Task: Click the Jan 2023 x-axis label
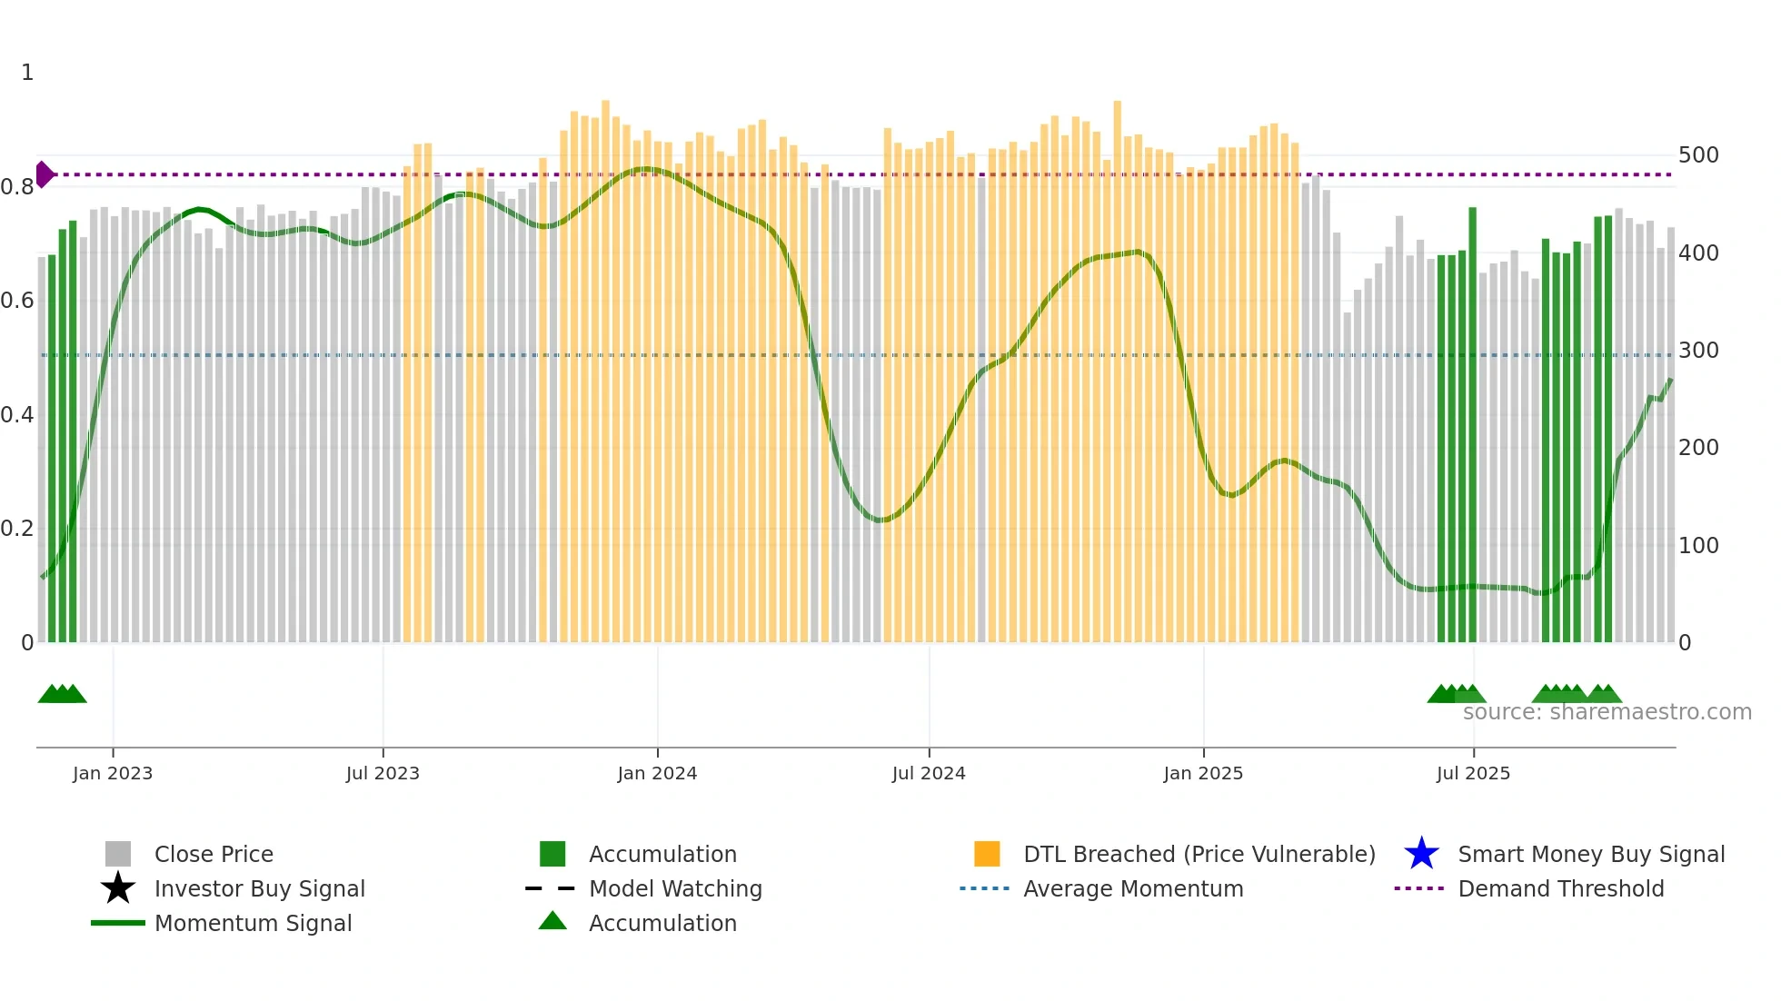pyautogui.click(x=113, y=773)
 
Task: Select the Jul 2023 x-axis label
pyautogui.click(x=383, y=773)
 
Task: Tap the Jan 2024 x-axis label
pyautogui.click(x=657, y=773)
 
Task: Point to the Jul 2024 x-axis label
pyautogui.click(x=929, y=773)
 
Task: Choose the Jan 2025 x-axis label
pyautogui.click(x=1203, y=773)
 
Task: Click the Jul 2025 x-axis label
pyautogui.click(x=1473, y=773)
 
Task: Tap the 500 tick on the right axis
pyautogui.click(x=1698, y=155)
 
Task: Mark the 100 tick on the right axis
pyautogui.click(x=1698, y=546)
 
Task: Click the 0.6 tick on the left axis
pyautogui.click(x=17, y=301)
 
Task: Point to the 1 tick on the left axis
pyautogui.click(x=27, y=73)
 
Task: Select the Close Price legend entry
pyautogui.click(x=214, y=855)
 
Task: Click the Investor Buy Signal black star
pyautogui.click(x=118, y=888)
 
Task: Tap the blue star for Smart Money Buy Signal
pyautogui.click(x=1421, y=854)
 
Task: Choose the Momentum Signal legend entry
pyautogui.click(x=253, y=924)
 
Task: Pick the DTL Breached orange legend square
pyautogui.click(x=987, y=854)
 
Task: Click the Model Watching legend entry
pyautogui.click(x=675, y=889)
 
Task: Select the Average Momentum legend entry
pyautogui.click(x=1133, y=889)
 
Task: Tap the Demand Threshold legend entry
pyautogui.click(x=1560, y=889)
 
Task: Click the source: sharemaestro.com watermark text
pyautogui.click(x=1607, y=712)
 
